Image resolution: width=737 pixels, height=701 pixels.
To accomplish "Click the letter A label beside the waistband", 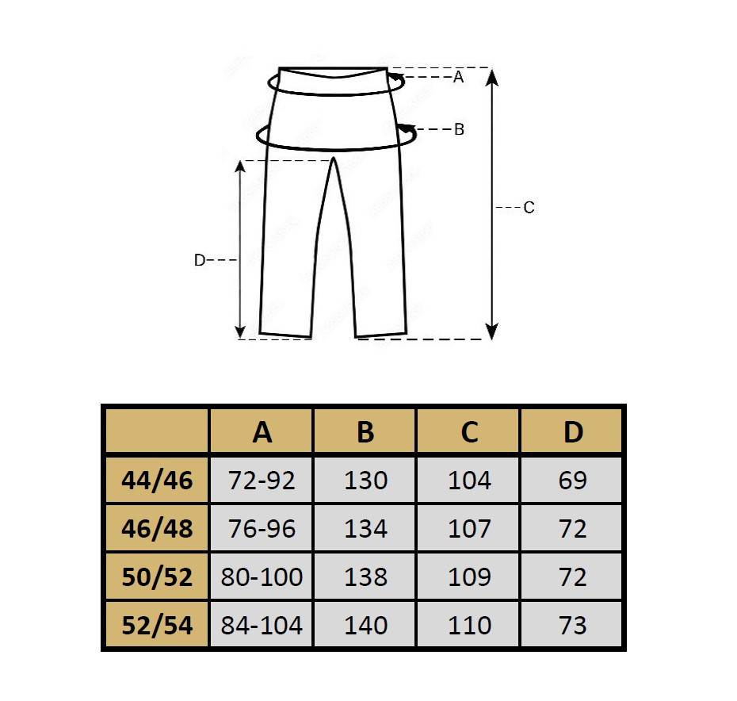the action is [458, 77].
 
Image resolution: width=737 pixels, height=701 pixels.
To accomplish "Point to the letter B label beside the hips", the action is [459, 129].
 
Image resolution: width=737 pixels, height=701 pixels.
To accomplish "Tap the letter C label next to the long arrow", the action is [529, 208].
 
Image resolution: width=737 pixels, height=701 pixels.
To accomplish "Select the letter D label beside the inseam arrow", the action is [199, 260].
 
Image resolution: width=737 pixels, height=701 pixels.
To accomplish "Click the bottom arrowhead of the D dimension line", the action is [240, 331].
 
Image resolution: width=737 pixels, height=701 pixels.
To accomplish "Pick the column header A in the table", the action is [262, 431].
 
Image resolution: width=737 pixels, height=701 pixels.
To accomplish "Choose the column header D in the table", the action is [573, 431].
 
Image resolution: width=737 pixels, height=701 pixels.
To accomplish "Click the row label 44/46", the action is [157, 481].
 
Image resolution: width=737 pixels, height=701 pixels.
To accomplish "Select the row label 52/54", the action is [157, 625].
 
